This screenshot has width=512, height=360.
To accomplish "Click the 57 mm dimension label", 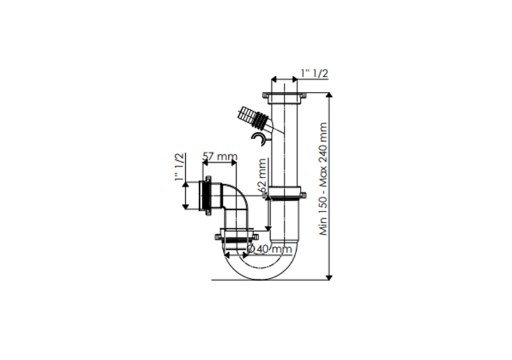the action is (x=220, y=157).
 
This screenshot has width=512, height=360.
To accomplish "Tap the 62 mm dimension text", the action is (x=262, y=176).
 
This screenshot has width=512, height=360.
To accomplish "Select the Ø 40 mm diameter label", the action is (x=270, y=249).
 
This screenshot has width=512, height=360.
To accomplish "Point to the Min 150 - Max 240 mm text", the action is (x=323, y=179).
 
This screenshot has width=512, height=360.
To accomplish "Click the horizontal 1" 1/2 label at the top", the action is (x=315, y=73).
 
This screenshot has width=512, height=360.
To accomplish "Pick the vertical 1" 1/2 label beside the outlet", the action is (x=180, y=167).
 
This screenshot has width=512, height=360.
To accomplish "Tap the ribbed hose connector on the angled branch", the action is (x=253, y=117).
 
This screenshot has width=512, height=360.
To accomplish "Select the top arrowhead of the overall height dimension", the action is (x=329, y=95).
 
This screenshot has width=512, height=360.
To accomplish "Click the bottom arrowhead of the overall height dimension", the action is (x=329, y=277).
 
